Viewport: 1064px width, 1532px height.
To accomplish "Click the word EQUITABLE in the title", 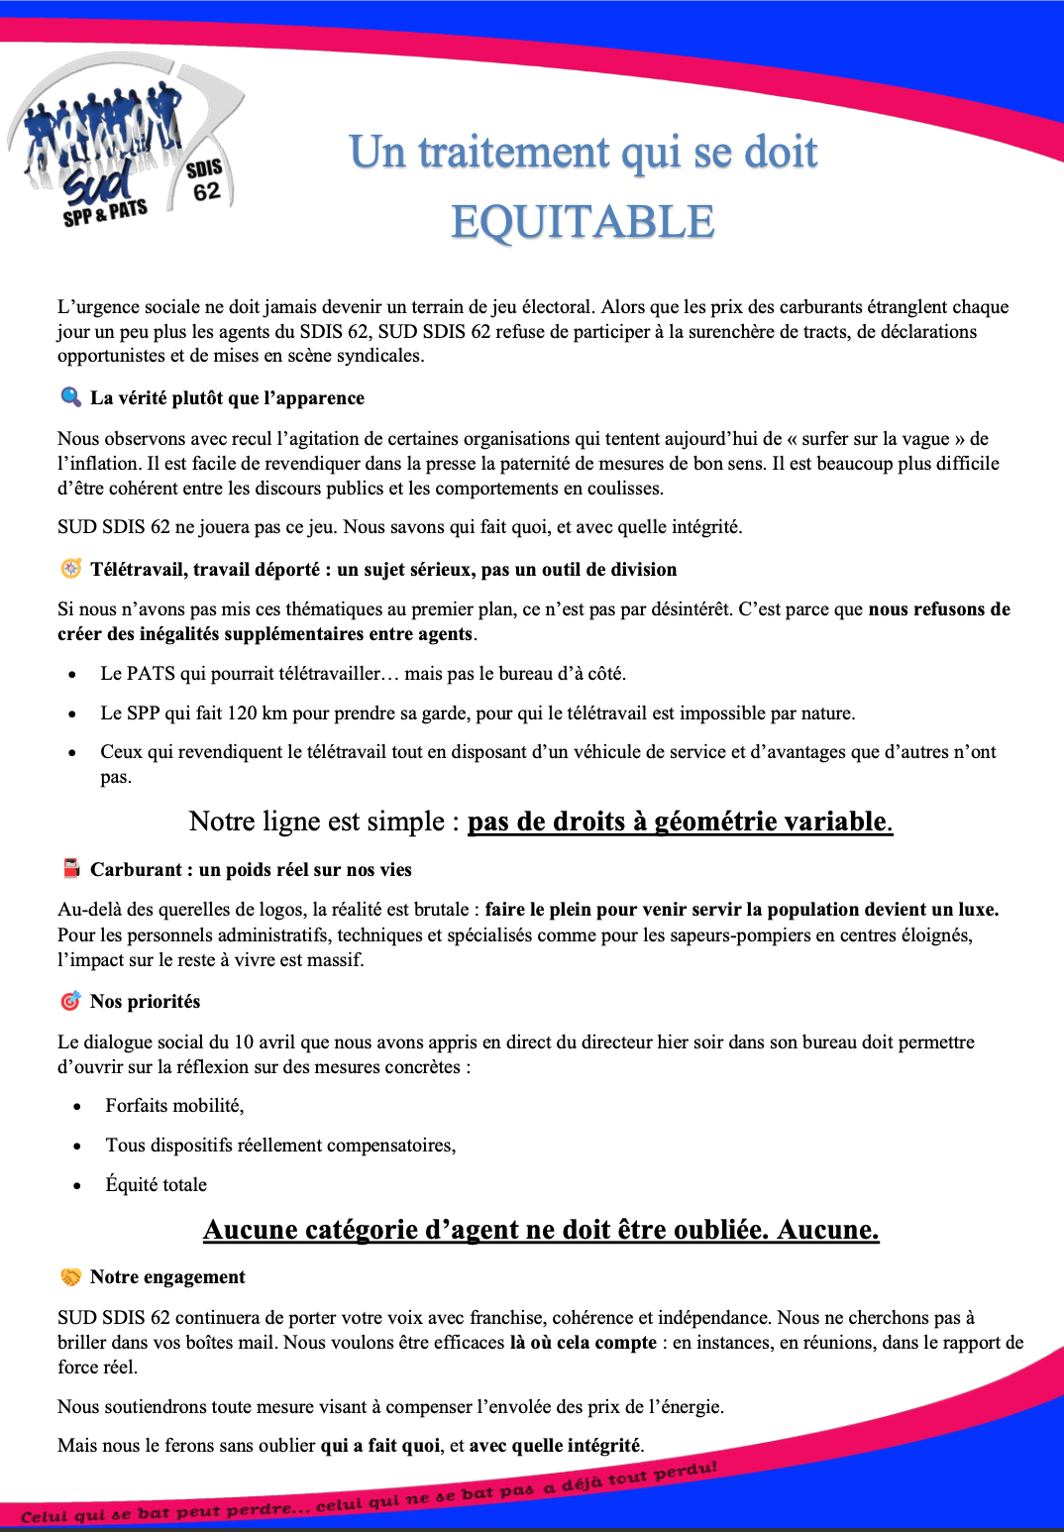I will coord(583,222).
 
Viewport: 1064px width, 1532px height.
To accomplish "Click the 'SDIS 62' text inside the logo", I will coord(205,179).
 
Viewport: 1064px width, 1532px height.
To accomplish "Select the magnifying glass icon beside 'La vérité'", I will coord(70,397).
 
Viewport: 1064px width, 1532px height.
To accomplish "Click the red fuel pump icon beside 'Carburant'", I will coord(71,869).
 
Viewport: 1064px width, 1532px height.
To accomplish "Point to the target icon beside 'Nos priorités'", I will coord(70,1001).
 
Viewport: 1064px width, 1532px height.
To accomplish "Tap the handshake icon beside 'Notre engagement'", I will coord(70,1276).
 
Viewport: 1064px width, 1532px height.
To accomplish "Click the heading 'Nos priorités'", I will coord(145,1001).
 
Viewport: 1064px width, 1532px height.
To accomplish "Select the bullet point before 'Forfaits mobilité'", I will coord(77,1107).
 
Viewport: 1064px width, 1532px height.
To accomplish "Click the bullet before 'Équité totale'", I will coord(77,1185).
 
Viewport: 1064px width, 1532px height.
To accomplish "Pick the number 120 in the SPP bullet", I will coord(242,712).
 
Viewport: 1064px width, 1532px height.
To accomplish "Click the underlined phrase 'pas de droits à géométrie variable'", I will coord(680,821).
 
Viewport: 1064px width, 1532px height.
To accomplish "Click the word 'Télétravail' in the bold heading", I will coord(136,569).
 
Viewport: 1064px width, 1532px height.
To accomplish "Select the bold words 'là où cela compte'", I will coord(583,1342).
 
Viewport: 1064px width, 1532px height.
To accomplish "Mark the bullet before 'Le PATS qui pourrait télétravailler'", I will coord(72,675).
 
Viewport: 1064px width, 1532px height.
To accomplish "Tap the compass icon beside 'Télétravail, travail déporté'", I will coord(70,569).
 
